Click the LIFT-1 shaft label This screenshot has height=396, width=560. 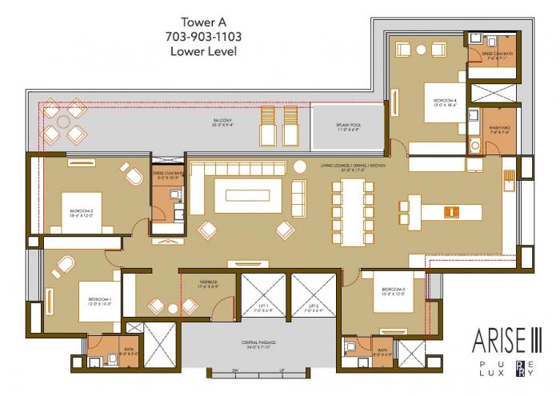coord(263,307)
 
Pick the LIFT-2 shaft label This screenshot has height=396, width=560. coord(314,307)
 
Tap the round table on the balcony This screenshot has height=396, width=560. coord(62,121)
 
